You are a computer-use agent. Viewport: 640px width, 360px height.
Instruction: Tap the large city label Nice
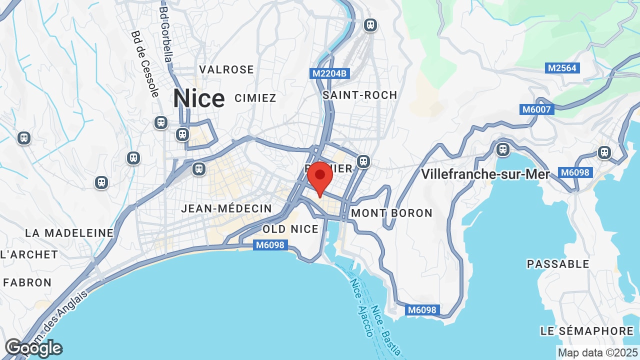[198, 98]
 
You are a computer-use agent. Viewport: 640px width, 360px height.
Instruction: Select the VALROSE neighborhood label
[226, 69]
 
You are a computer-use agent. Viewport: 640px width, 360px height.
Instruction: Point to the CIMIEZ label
[255, 98]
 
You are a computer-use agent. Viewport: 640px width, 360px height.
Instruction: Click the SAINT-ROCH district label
[360, 95]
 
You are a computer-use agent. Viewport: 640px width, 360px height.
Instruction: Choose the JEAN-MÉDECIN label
[226, 208]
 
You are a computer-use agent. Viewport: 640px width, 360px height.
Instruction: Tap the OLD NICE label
[290, 229]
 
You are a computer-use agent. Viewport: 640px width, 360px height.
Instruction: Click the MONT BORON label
[392, 213]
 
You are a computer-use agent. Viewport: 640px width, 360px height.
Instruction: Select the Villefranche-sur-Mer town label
[485, 174]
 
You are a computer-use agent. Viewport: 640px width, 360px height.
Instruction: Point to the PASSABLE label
[558, 264]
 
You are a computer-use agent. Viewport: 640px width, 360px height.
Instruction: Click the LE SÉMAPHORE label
[587, 331]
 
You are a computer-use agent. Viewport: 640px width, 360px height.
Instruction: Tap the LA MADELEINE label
[69, 233]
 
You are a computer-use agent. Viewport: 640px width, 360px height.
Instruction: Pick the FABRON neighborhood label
[27, 282]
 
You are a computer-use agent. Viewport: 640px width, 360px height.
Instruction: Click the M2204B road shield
[329, 73]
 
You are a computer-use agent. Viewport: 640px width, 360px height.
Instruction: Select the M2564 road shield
[562, 68]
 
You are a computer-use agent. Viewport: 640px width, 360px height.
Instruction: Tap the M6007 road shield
[537, 109]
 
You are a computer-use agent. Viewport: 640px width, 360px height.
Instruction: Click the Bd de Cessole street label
[145, 64]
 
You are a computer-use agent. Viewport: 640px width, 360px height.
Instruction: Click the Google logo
[33, 348]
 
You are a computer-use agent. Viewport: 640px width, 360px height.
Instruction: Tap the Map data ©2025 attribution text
[598, 353]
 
